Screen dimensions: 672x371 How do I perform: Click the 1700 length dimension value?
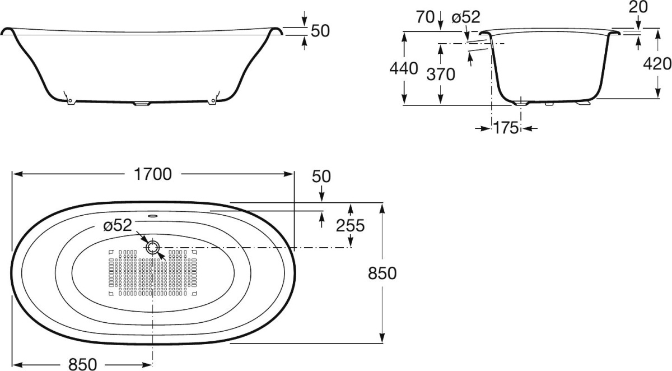153,174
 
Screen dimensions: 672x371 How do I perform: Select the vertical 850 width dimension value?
382,273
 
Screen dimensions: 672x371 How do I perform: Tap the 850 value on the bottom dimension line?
82,364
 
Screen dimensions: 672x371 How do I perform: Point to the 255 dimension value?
350,225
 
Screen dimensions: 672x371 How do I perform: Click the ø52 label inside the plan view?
118,225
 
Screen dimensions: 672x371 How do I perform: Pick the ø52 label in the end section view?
466,17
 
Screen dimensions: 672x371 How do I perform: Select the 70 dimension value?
425,17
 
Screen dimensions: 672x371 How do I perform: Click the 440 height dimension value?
404,68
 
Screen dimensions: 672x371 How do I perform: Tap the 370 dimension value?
441,74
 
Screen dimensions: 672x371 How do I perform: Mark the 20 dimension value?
638,7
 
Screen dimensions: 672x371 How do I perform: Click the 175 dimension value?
506,128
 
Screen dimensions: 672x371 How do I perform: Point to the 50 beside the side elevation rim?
320,31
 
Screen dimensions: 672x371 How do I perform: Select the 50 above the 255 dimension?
321,177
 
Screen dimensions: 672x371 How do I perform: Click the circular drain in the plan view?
153,248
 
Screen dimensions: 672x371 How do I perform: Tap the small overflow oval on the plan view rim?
153,215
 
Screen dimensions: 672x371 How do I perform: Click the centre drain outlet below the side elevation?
141,104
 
